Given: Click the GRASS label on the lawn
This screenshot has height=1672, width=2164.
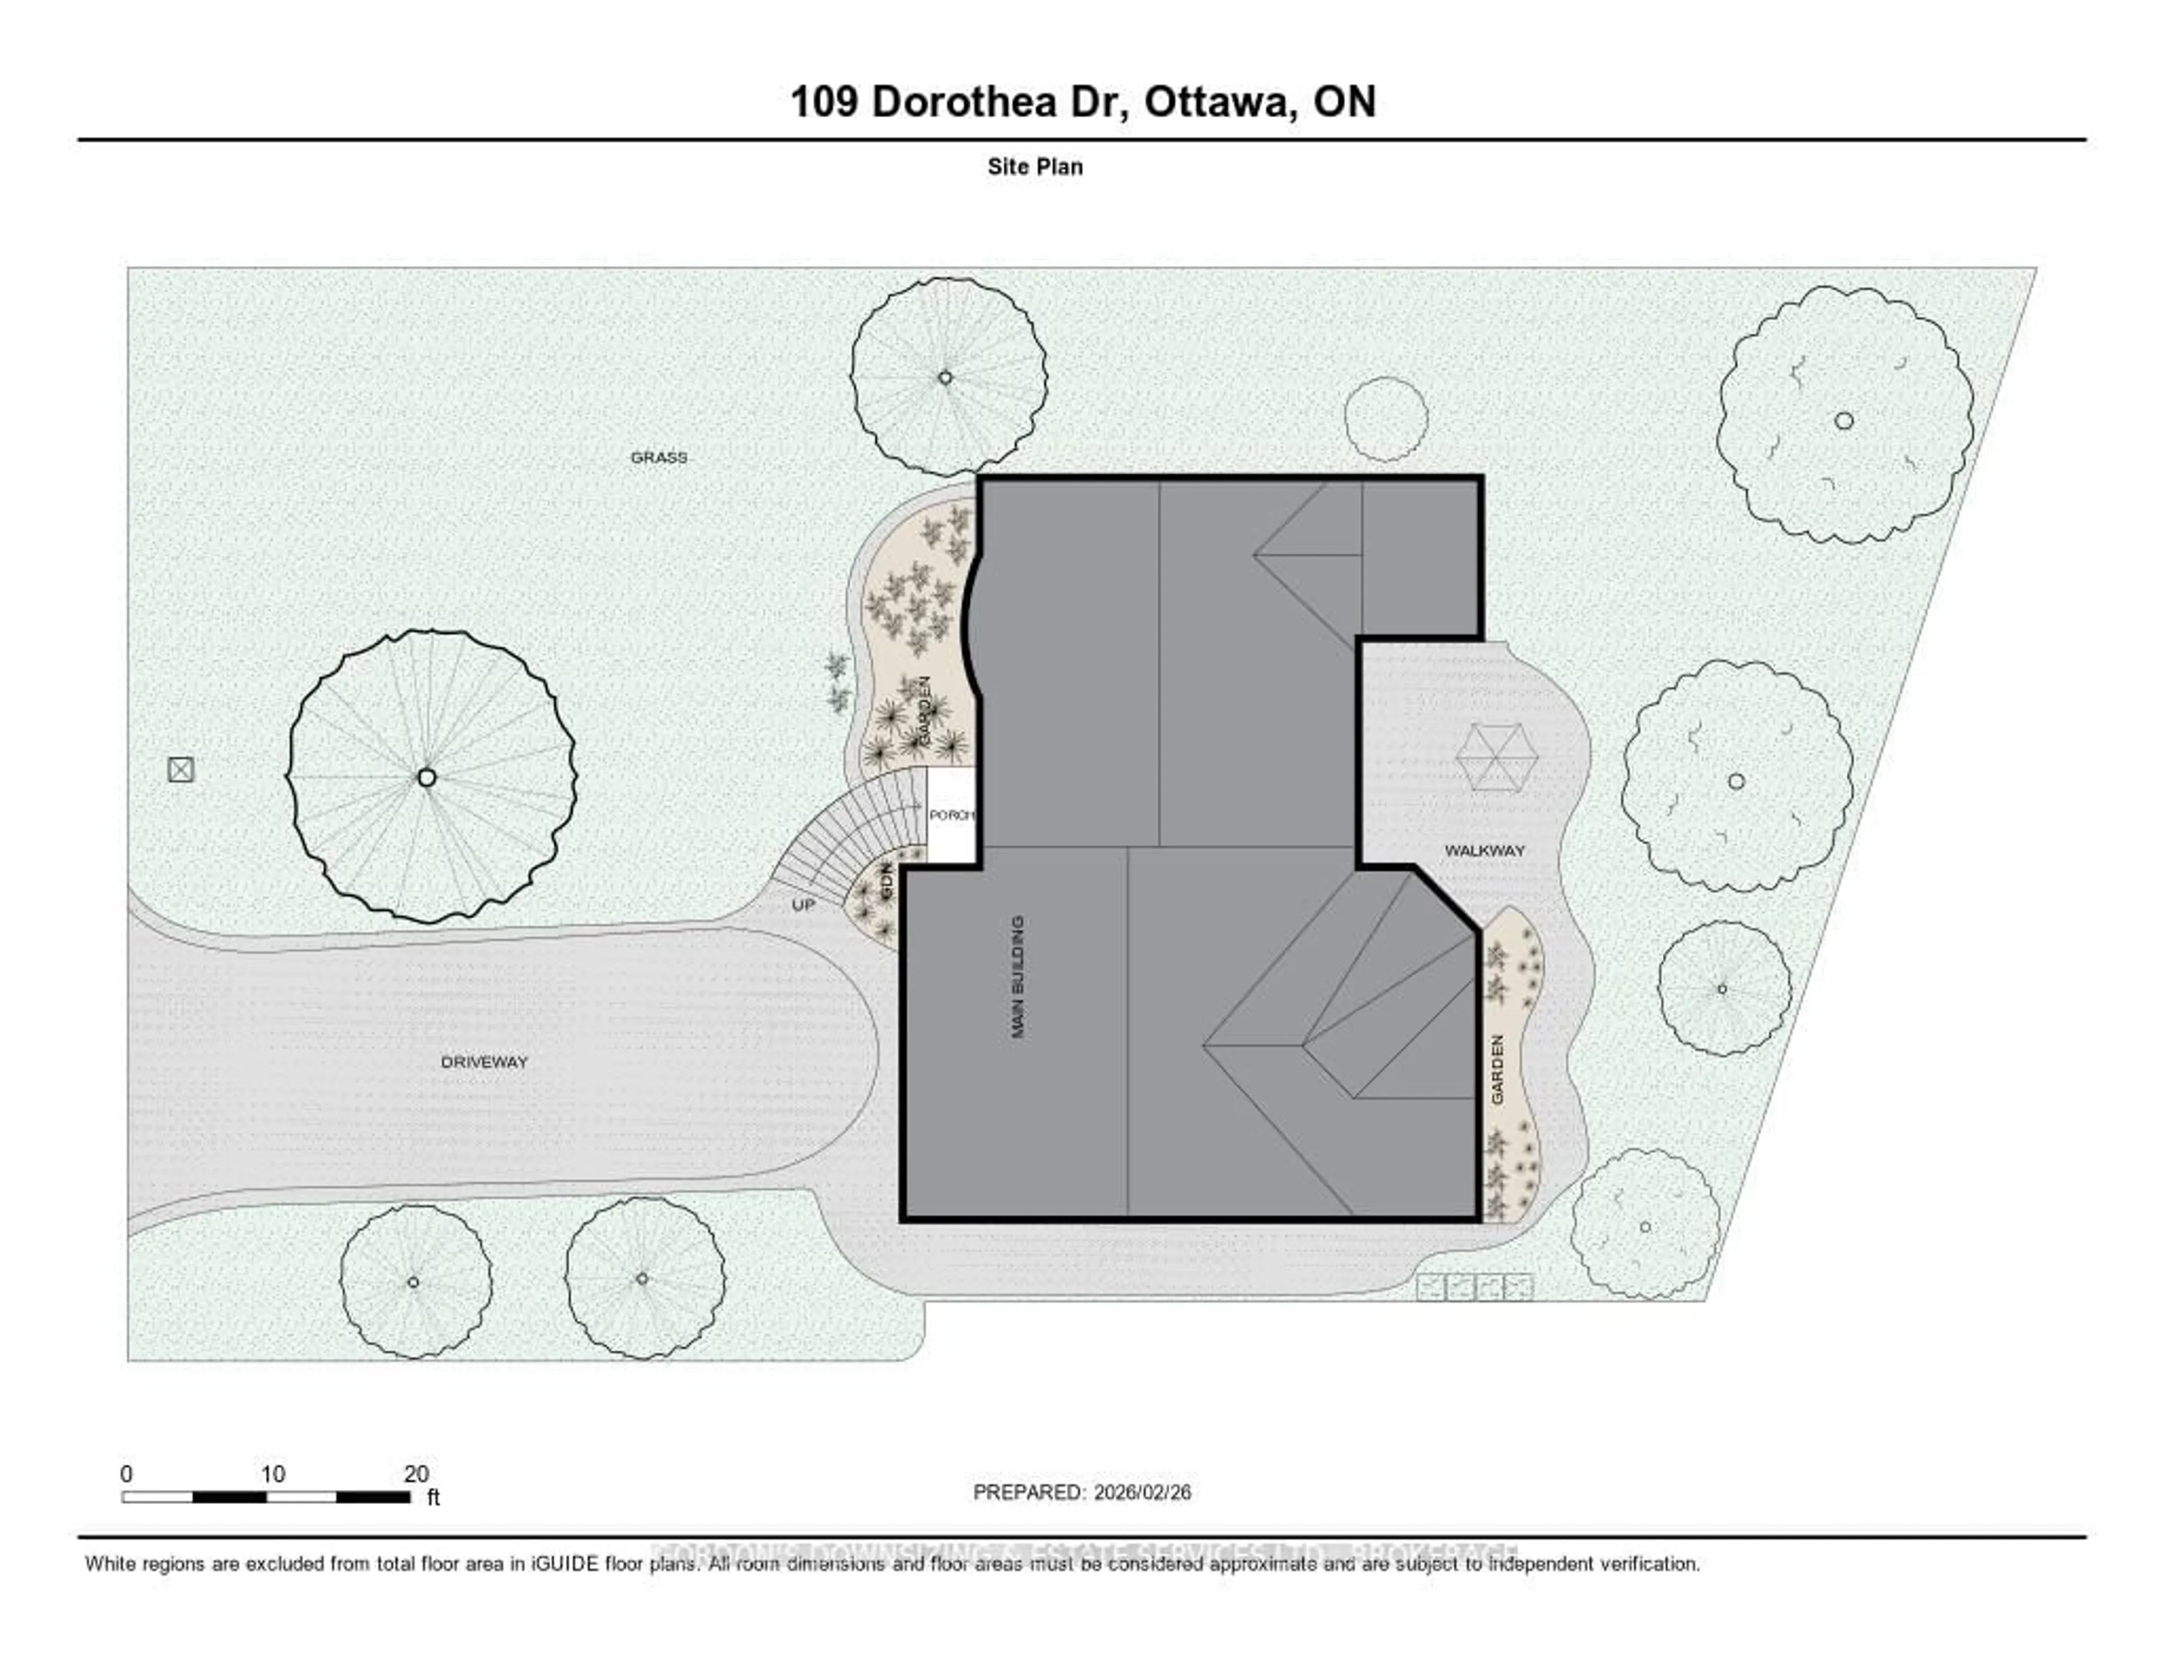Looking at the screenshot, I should coord(659,458).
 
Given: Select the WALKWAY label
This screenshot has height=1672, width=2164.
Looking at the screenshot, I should coord(1484,850).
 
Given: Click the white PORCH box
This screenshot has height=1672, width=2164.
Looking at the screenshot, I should coord(951,815).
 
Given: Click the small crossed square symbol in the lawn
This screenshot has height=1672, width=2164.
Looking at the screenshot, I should coord(180,769).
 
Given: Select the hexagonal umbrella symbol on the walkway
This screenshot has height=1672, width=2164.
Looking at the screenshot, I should coord(1496,757).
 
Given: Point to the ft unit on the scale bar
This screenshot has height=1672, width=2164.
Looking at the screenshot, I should coord(433,1498).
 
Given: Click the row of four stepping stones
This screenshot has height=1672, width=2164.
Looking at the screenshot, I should coord(1474,1288).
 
